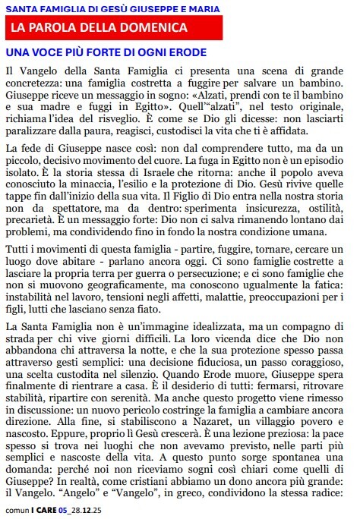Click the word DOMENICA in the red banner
pyautogui.click(x=149, y=28)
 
